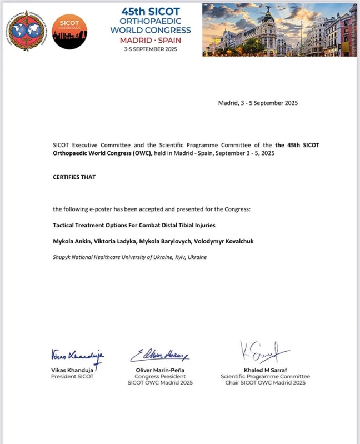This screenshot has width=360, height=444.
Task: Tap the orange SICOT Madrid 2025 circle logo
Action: tap(69, 31)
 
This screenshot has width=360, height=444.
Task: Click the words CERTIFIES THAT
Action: tap(74, 177)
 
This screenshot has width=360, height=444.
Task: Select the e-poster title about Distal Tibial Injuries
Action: tap(134, 225)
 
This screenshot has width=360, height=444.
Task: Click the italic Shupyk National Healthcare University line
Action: tap(129, 257)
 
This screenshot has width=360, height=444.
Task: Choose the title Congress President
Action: tap(160, 376)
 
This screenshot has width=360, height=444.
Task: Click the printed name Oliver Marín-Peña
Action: tap(160, 370)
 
